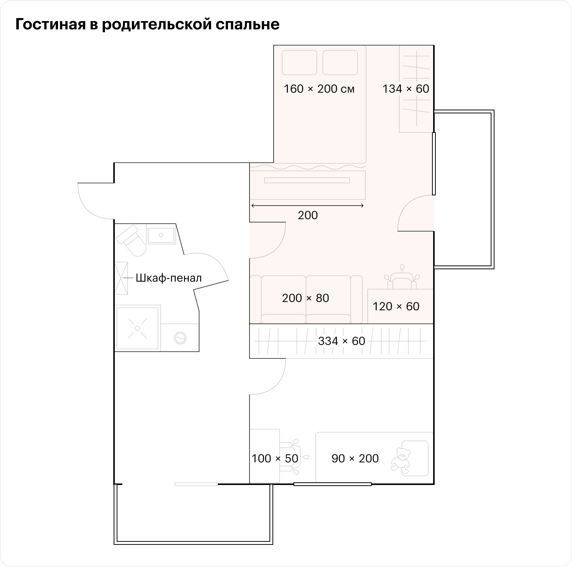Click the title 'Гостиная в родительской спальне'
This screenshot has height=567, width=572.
click(147, 24)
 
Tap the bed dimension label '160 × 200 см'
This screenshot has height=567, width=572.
click(319, 89)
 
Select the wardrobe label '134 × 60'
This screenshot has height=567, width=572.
click(406, 88)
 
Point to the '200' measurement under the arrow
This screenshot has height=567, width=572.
click(307, 215)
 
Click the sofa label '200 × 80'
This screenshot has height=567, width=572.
click(306, 298)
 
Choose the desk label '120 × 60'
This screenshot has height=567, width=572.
click(396, 306)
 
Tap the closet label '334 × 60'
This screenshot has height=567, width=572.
click(341, 341)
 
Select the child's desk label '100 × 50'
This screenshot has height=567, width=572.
click(275, 458)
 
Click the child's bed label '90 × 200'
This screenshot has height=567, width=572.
click(355, 458)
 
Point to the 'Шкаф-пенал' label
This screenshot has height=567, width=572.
click(169, 278)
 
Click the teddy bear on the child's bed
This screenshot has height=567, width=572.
click(400, 459)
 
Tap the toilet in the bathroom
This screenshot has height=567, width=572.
click(131, 240)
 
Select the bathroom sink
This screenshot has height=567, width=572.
click(161, 235)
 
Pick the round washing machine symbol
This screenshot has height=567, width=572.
click(180, 338)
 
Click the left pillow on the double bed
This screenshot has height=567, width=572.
click(300, 62)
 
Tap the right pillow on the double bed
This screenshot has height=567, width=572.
click(340, 62)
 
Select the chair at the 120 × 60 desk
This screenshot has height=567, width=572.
click(402, 278)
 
